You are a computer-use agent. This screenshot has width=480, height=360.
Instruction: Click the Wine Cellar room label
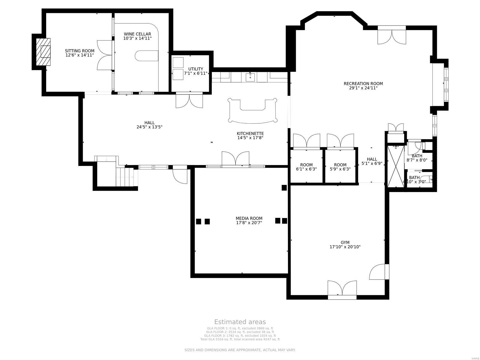(137, 34)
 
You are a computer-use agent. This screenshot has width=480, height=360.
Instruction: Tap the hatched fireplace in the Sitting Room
(43, 52)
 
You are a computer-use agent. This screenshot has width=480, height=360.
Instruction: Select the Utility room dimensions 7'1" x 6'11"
(196, 73)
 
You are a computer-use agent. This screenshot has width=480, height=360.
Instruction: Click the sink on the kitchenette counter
(250, 77)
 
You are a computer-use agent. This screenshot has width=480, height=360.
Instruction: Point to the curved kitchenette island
(252, 111)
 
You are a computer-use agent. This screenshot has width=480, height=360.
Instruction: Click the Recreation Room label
(363, 84)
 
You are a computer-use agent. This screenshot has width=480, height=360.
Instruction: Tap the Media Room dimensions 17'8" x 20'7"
(249, 223)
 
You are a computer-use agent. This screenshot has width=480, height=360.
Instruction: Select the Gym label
(345, 242)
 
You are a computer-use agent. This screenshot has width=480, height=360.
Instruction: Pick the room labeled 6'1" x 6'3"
(306, 167)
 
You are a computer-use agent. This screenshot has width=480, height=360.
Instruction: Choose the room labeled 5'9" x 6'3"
(340, 167)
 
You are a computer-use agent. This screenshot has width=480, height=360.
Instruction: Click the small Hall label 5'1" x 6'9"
(371, 161)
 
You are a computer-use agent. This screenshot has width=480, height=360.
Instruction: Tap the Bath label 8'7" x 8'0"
(417, 158)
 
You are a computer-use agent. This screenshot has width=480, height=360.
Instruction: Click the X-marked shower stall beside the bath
(396, 167)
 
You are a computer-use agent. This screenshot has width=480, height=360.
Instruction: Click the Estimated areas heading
(240, 322)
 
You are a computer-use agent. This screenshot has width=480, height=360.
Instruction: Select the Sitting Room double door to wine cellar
(105, 55)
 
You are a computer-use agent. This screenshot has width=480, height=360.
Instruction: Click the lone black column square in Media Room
(284, 188)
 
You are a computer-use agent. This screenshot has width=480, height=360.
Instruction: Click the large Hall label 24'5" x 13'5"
(149, 125)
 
